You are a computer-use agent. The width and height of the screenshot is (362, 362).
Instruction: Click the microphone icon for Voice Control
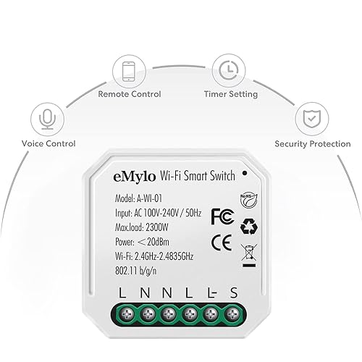[47, 119]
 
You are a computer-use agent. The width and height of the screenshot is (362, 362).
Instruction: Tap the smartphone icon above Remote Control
[129, 72]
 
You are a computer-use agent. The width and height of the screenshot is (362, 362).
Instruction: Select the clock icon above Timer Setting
[229, 70]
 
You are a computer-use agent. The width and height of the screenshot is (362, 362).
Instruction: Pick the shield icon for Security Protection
[312, 119]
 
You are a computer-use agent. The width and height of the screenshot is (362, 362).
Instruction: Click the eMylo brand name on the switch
[134, 177]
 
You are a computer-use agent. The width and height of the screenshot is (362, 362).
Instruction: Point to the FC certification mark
[222, 216]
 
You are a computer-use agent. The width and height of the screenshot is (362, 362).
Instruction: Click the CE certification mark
[222, 243]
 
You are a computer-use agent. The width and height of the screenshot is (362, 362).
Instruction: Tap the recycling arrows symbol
[249, 227]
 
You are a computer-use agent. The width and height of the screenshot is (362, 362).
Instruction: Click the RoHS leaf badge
[249, 201]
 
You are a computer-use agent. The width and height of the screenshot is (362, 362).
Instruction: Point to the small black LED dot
[245, 173]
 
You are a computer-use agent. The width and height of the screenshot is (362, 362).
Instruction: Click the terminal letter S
[233, 292]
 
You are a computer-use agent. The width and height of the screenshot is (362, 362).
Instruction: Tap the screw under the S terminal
[232, 314]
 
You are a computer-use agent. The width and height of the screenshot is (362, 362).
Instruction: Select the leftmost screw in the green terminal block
[127, 314]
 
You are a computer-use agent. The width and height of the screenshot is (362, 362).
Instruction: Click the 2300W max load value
[157, 227]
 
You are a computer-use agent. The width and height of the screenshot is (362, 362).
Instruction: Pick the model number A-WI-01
[149, 198]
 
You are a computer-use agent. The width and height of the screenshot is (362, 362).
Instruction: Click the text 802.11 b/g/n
[136, 271]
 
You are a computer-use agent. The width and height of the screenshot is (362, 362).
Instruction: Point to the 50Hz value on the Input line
[193, 213]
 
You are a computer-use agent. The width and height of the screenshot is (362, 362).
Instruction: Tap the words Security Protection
[313, 144]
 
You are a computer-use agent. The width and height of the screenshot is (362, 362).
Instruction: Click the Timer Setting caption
[231, 94]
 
